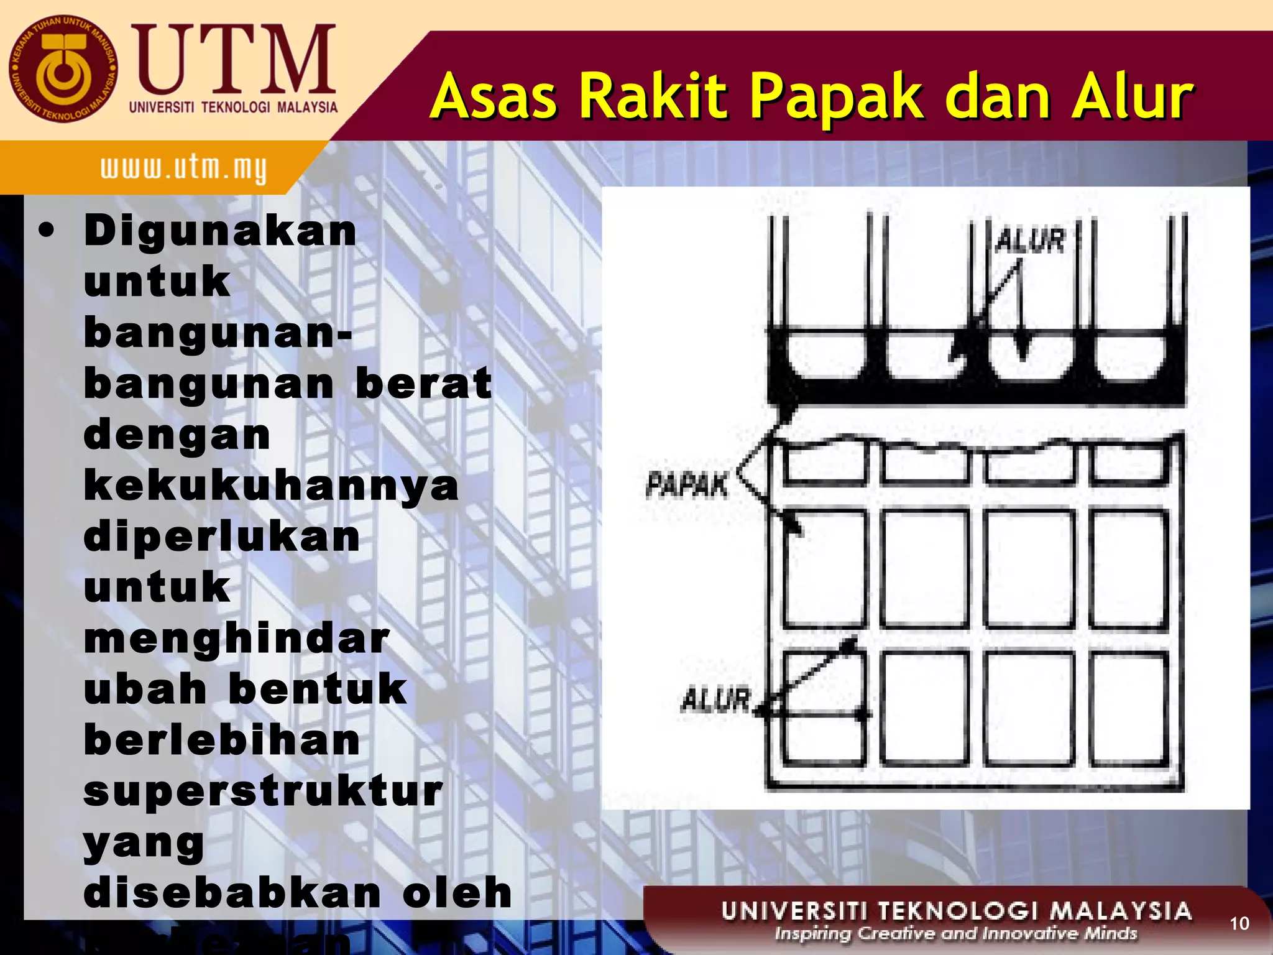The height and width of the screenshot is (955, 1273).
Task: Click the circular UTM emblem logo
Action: [62, 69]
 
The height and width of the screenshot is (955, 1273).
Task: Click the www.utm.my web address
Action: [183, 168]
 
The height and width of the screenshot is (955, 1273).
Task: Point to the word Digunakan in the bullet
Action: [221, 231]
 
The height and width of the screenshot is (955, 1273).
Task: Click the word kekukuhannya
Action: [271, 486]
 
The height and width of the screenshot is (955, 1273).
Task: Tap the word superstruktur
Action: [263, 791]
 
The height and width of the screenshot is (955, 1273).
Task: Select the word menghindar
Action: [237, 639]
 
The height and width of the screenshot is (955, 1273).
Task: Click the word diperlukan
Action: [222, 537]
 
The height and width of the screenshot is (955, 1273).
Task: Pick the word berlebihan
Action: [222, 740]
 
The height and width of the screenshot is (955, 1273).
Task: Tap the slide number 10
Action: [1239, 923]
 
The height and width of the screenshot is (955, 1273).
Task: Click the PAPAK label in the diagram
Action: [686, 485]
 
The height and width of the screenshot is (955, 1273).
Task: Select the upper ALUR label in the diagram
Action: [1030, 241]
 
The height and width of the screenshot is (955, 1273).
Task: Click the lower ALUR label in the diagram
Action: [716, 700]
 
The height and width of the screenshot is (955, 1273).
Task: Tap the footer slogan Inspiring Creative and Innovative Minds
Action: [956, 934]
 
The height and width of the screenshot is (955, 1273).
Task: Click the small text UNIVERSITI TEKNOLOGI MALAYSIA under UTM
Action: [233, 107]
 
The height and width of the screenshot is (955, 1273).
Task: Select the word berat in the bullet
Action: [423, 384]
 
